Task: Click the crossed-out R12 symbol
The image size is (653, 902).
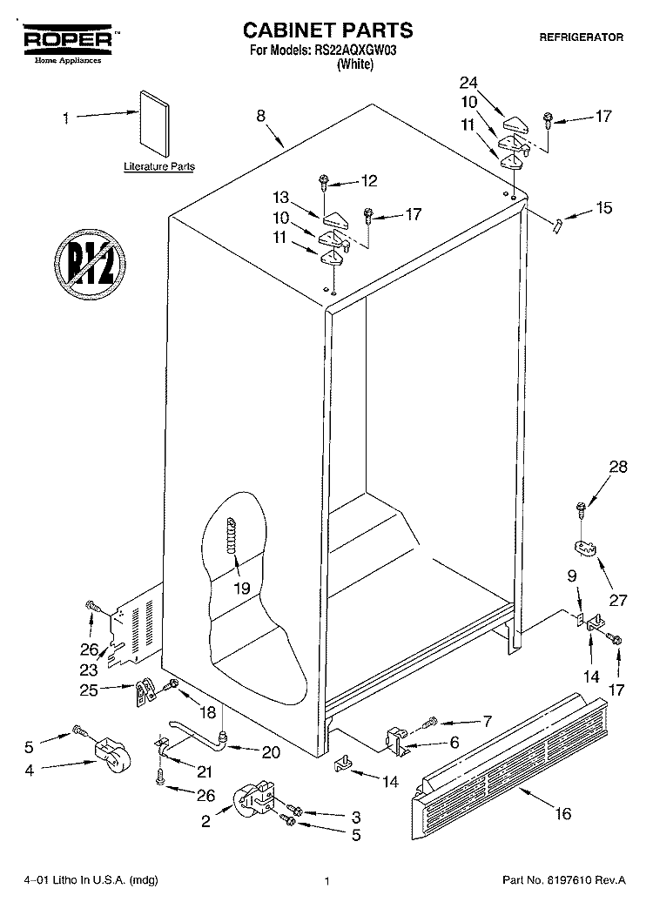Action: (91, 264)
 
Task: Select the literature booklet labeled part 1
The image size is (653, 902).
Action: (154, 123)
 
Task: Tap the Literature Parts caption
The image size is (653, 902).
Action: (159, 167)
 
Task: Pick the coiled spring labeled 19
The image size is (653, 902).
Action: (232, 535)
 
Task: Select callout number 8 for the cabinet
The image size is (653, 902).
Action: (260, 116)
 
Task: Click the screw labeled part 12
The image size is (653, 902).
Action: (323, 184)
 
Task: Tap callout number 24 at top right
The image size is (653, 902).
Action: (468, 83)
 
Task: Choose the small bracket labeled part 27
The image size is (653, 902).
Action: (585, 549)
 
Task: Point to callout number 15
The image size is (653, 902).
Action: (604, 208)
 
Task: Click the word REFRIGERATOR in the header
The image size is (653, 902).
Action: (581, 37)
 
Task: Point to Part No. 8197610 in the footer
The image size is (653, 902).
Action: (564, 880)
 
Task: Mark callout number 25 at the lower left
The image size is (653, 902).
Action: (89, 690)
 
